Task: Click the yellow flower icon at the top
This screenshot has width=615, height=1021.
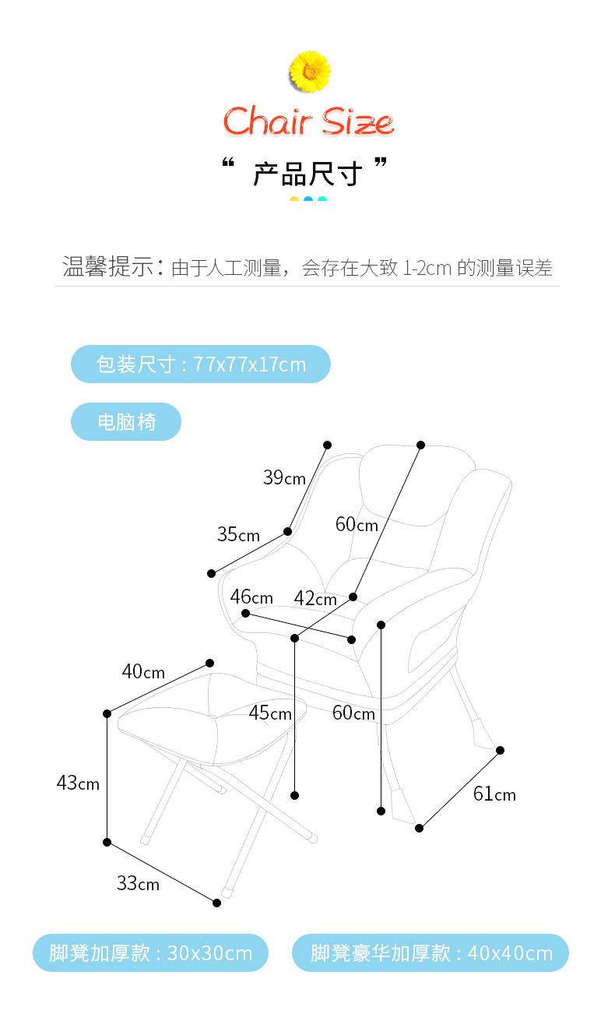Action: [309, 71]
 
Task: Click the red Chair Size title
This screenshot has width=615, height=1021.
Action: [308, 122]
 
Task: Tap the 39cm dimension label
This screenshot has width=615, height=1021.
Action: [284, 477]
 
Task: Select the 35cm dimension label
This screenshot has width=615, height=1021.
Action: [238, 534]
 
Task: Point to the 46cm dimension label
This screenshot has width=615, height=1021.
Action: [251, 597]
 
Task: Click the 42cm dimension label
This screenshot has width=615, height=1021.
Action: [315, 598]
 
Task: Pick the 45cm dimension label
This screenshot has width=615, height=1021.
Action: [270, 713]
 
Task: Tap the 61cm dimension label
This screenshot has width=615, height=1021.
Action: [494, 794]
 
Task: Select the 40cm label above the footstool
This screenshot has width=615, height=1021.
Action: [143, 671]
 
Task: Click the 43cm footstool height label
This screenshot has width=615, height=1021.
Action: [78, 783]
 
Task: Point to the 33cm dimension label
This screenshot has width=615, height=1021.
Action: [138, 883]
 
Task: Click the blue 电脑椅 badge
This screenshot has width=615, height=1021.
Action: [126, 422]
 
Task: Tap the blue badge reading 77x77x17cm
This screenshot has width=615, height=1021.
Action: [201, 364]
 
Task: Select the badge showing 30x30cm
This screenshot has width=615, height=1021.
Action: [150, 952]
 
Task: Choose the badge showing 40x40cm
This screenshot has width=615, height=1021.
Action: [430, 952]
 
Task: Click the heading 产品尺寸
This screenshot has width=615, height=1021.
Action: [307, 174]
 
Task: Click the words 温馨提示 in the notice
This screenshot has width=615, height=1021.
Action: [107, 267]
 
